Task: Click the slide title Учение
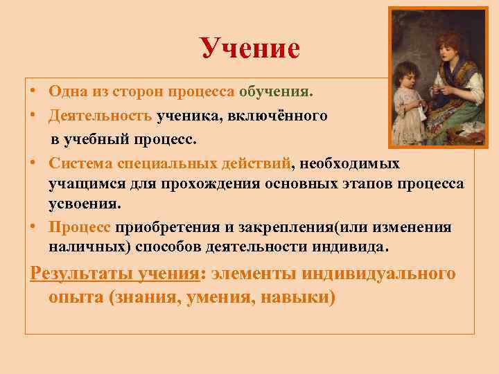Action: pyautogui.click(x=249, y=48)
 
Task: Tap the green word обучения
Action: pyautogui.click(x=276, y=91)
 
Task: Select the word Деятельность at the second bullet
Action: pyautogui.click(x=101, y=115)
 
